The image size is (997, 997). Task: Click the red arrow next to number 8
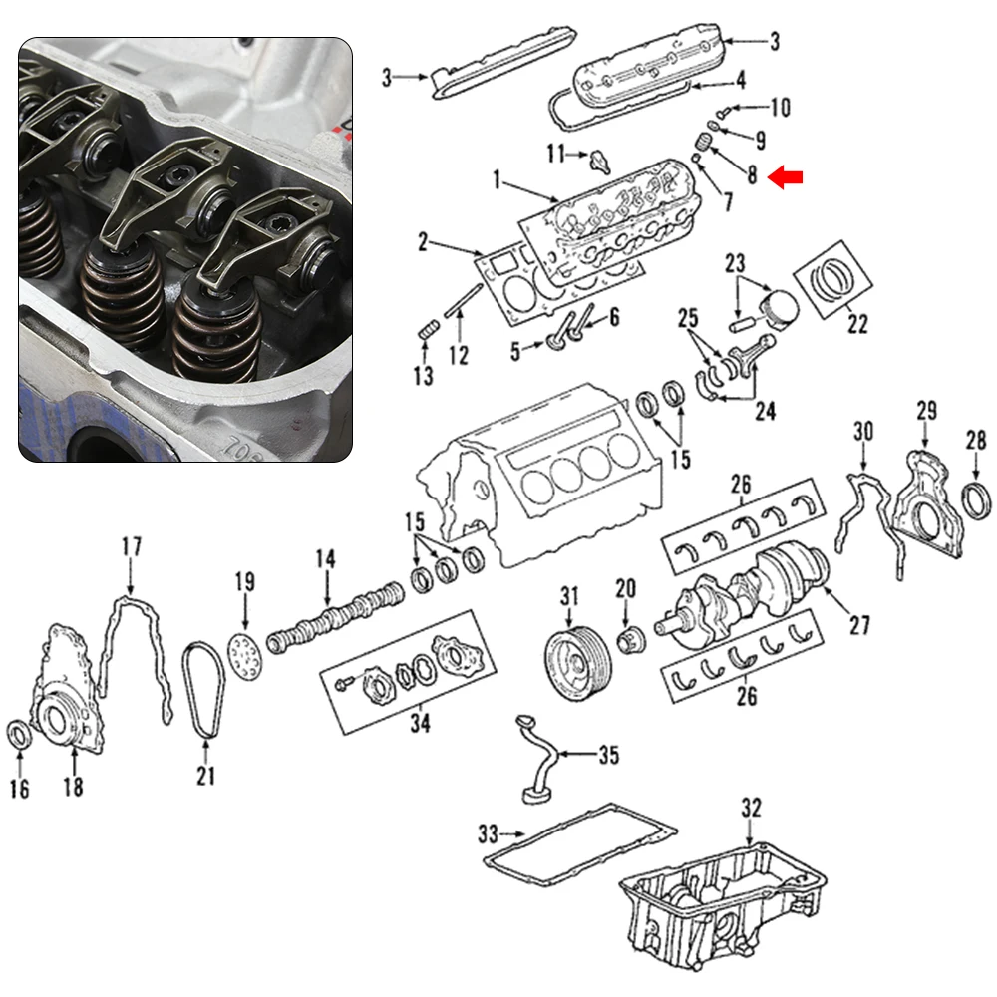click(x=789, y=177)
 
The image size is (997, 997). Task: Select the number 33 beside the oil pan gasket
click(x=488, y=831)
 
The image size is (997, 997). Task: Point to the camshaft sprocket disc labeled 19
click(x=243, y=650)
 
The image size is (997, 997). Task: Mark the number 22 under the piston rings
click(x=856, y=324)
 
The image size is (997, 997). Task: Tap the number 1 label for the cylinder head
click(x=495, y=180)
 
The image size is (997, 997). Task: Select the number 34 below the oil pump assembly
click(x=420, y=725)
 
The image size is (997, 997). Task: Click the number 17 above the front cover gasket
click(x=132, y=547)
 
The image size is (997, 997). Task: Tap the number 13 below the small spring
click(x=423, y=375)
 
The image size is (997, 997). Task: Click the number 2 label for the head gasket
click(x=423, y=241)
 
